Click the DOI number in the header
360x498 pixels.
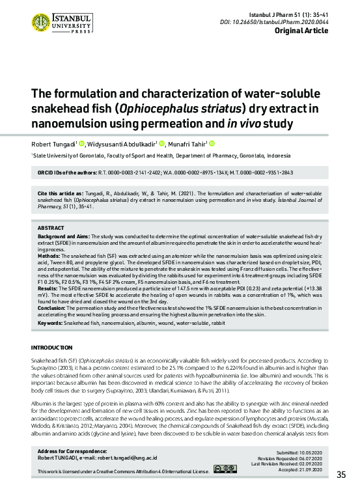point(309,21)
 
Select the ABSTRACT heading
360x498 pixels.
point(51,228)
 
